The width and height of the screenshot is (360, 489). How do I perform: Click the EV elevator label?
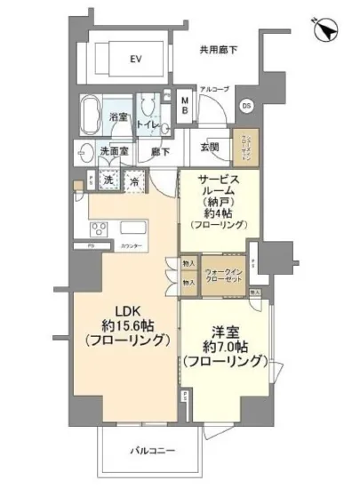coord(136,60)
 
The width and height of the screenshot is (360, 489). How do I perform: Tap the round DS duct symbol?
coord(246,106)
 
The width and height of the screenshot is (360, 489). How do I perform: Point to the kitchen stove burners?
coord(99,234)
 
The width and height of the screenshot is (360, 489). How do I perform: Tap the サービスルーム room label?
coord(219,189)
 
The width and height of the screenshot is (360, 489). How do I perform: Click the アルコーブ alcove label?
coord(214,90)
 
